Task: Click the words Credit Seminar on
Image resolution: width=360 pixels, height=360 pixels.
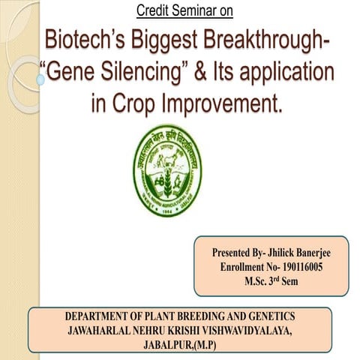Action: [185, 10]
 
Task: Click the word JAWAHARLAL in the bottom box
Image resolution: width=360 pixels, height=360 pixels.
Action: [102, 330]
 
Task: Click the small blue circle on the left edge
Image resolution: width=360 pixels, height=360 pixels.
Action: [40, 78]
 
